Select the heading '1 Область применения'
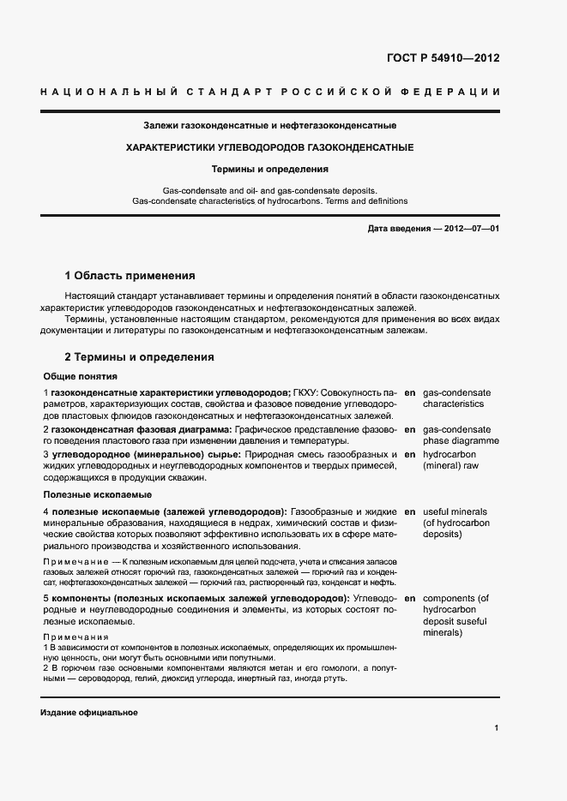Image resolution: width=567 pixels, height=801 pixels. coord(130,276)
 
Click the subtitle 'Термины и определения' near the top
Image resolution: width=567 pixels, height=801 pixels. coord(269,170)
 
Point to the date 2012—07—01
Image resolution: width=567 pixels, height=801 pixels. coord(468,230)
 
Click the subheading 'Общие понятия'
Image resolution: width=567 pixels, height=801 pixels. coord(80,376)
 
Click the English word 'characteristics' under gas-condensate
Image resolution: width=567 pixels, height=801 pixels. coord(454,403)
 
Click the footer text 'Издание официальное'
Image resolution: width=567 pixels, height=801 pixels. coord(89,713)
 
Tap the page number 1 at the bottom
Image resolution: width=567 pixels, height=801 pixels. coord(497,728)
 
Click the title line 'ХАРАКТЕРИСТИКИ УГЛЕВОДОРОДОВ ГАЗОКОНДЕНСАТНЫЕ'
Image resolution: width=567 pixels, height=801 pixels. coord(269,147)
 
